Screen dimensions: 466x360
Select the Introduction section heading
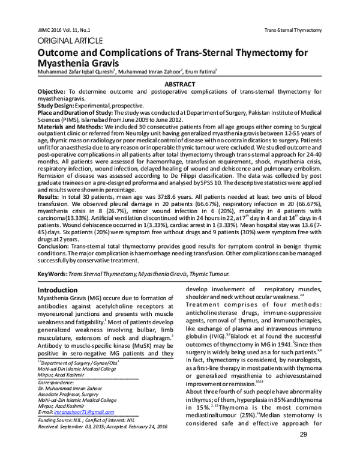(x=59, y=289)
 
